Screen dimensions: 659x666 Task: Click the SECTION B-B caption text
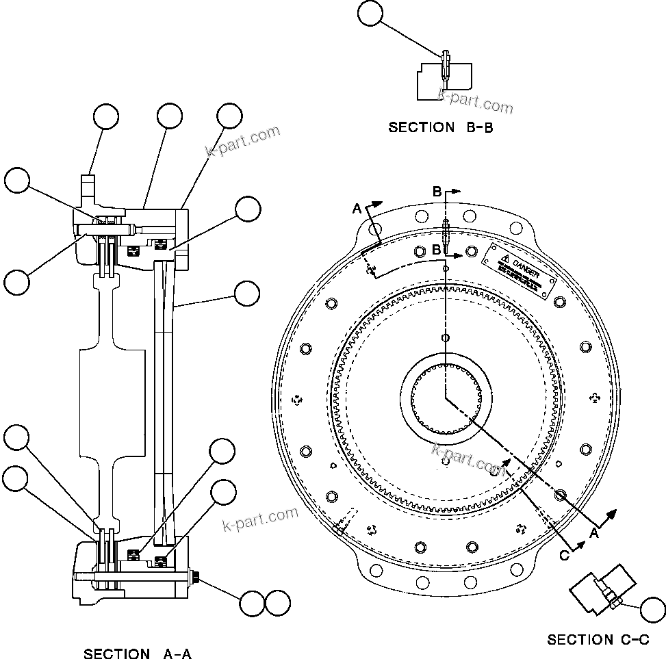click(440, 127)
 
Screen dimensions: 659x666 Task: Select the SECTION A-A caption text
click(137, 654)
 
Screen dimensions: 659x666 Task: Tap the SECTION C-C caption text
click(598, 640)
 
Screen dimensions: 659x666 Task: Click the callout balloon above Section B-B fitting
click(370, 14)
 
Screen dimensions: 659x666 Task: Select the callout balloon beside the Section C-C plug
click(653, 608)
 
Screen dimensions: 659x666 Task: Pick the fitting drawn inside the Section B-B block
click(445, 66)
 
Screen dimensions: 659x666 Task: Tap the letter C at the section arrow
click(564, 556)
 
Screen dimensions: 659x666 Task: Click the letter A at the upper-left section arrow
click(356, 208)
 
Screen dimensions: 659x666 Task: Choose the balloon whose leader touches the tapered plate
click(247, 294)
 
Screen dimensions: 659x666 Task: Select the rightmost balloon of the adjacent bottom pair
click(278, 603)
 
